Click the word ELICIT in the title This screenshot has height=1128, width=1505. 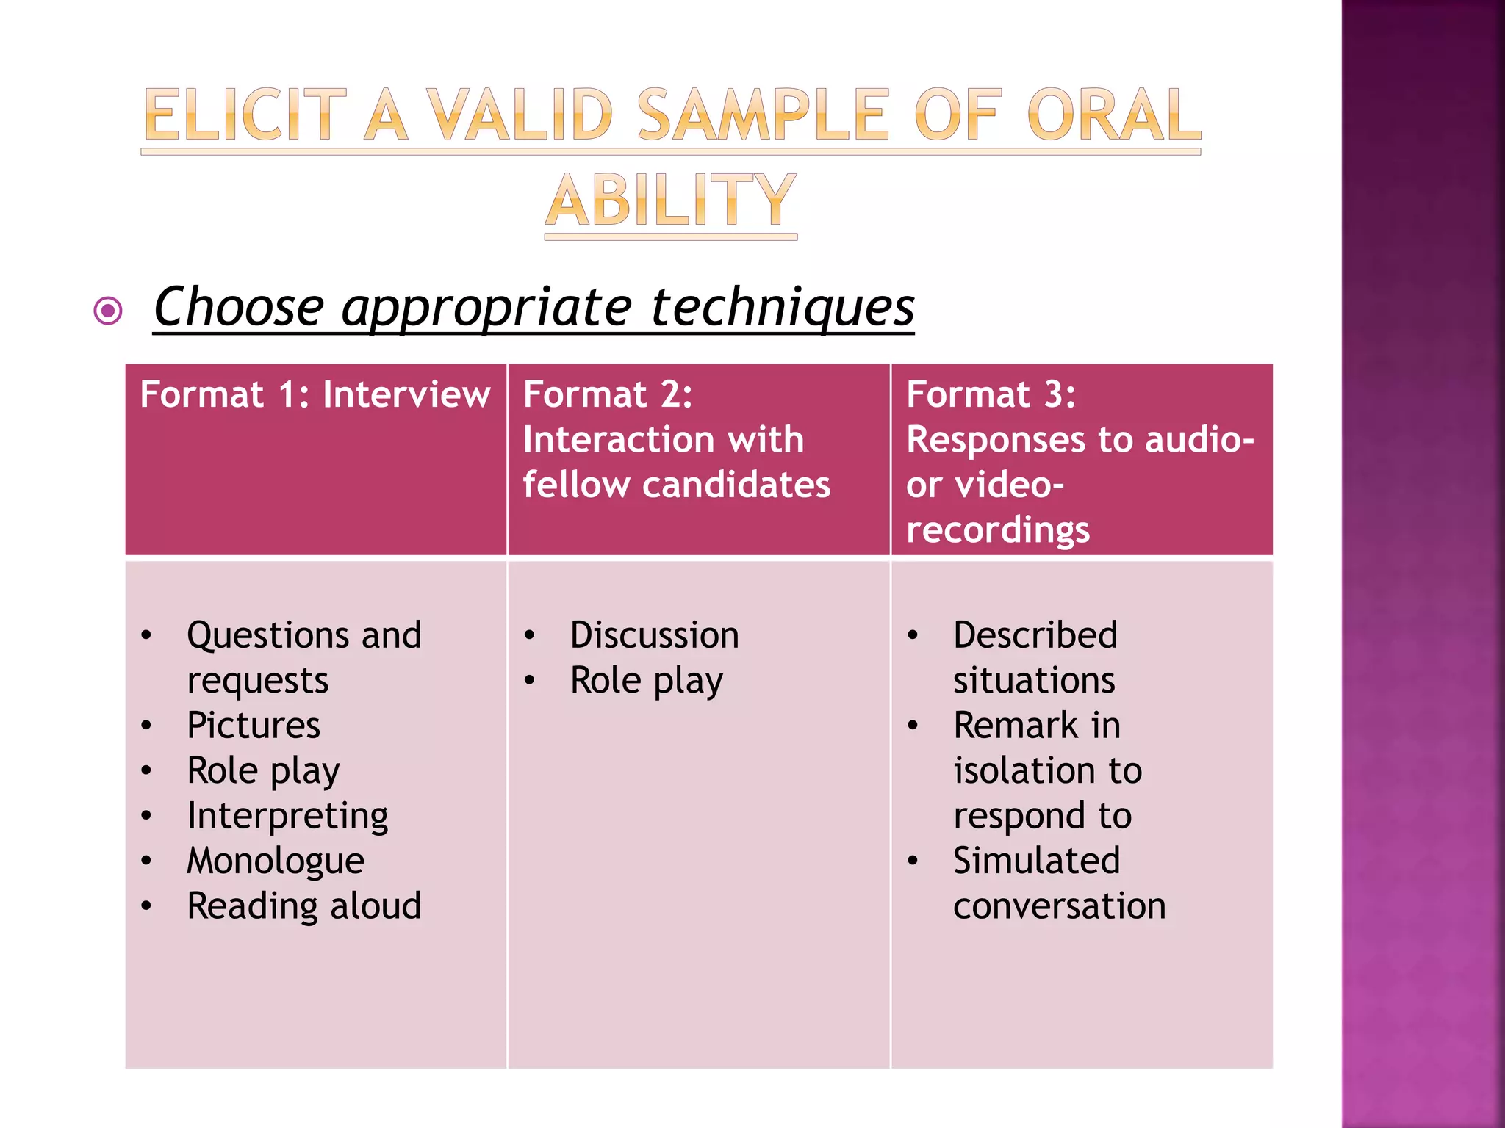[245, 115]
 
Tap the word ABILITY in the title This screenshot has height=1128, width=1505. [671, 200]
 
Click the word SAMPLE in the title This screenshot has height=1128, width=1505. [764, 115]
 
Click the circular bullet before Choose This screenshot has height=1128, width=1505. [108, 311]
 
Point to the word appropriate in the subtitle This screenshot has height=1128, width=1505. [486, 307]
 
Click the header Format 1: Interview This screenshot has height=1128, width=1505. [315, 394]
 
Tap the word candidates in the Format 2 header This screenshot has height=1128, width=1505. [736, 485]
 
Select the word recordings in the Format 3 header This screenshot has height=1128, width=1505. [997, 530]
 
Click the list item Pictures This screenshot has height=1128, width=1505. [254, 726]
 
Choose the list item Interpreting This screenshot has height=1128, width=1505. [287, 816]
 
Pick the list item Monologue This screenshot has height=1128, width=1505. [276, 861]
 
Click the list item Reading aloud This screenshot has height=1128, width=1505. [303, 905]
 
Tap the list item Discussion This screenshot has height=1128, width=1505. [654, 635]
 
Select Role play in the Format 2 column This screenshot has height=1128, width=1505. [646, 681]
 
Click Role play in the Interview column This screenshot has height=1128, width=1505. [263, 771]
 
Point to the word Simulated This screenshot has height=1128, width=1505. [1036, 861]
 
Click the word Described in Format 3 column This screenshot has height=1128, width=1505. [1035, 635]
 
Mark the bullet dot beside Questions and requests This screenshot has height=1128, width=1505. [146, 636]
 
